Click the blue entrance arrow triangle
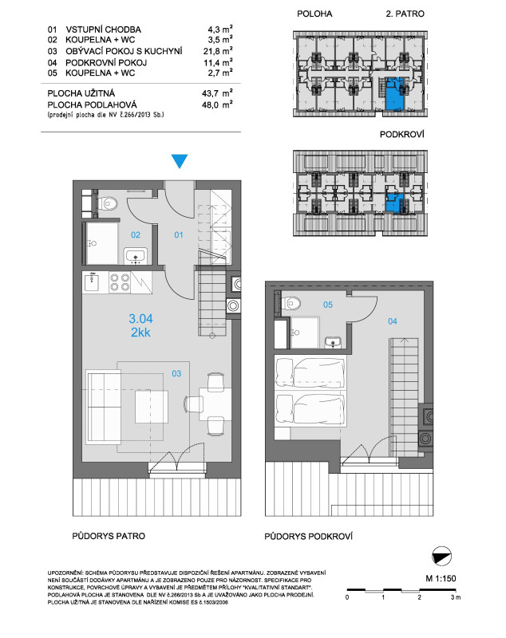[x=180, y=161]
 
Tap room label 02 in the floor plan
[x=136, y=234]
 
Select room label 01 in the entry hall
[x=179, y=234]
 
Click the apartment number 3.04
[x=140, y=318]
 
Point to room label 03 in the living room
[x=176, y=373]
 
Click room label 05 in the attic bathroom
[x=328, y=305]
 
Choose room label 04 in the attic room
[x=393, y=321]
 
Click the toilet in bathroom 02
[x=108, y=203]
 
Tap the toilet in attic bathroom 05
[x=291, y=303]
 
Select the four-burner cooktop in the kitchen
[x=119, y=282]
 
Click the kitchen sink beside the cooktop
[x=92, y=283]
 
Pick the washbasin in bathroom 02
[x=136, y=256]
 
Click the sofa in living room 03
[x=104, y=406]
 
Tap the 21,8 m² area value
[x=218, y=51]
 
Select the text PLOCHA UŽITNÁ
[x=81, y=93]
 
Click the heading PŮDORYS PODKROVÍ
[x=308, y=536]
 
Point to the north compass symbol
[x=441, y=556]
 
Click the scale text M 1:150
[x=441, y=578]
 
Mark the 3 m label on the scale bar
[x=456, y=597]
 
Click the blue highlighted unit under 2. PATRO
[x=394, y=94]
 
